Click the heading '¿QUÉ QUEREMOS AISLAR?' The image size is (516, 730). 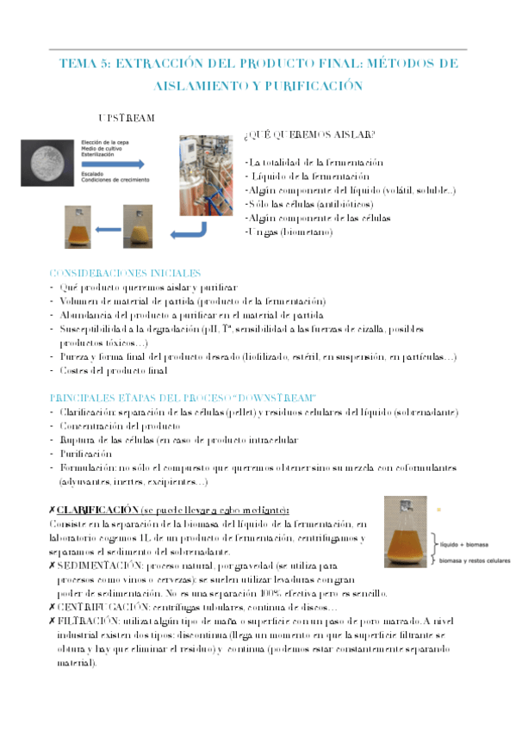(309, 134)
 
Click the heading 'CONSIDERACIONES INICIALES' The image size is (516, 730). (125, 272)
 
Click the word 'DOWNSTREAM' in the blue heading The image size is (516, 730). (277, 397)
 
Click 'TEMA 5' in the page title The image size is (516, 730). (83, 64)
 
